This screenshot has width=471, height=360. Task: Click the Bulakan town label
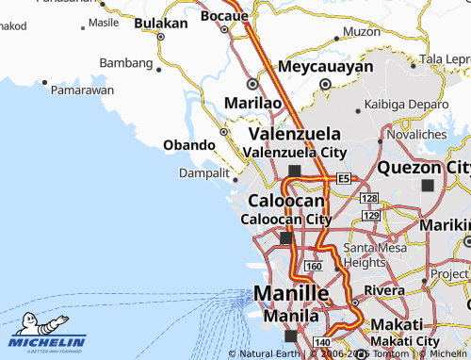tap(161, 23)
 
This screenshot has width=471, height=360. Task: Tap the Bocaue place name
tap(222, 16)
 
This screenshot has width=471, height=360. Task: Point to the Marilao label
tap(252, 102)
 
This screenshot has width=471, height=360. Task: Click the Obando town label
tap(189, 145)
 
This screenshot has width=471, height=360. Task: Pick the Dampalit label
tap(204, 173)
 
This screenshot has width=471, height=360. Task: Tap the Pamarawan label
tap(83, 90)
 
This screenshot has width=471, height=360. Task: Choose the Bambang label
tap(125, 63)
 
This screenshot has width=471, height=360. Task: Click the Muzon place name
tap(362, 31)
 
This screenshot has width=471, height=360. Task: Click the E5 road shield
tap(344, 178)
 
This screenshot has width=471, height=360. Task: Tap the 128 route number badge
tap(369, 198)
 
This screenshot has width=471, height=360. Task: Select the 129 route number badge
tap(370, 216)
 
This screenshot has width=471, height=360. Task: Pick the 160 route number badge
tap(313, 268)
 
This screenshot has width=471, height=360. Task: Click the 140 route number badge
tap(321, 342)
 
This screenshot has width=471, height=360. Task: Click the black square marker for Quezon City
tap(430, 186)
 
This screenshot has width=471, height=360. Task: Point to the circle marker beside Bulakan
tap(160, 38)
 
